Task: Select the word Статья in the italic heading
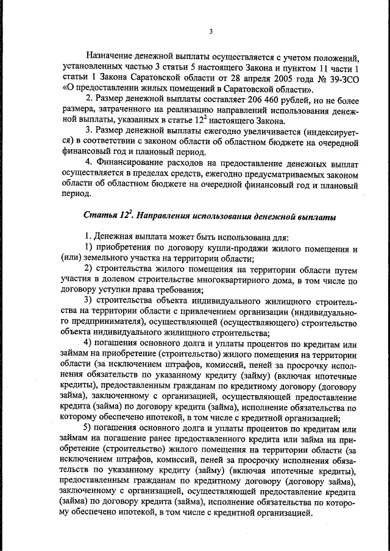coord(100,216)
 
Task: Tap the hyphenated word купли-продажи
coord(233,248)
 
